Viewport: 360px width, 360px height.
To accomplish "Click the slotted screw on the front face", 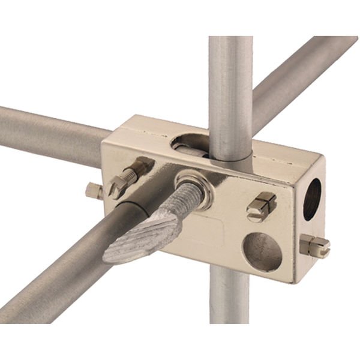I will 262,206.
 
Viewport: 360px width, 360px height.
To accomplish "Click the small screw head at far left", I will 93,191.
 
